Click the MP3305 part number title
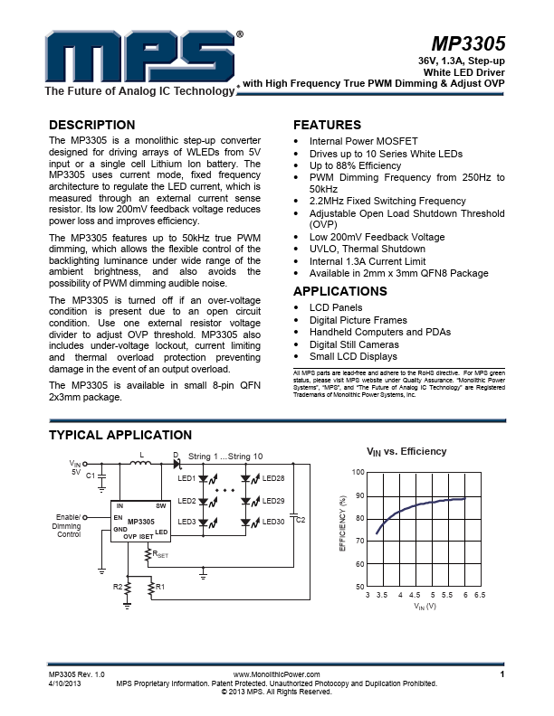pos(468,44)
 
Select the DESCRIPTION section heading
pos(91,125)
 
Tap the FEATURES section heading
pos(327,125)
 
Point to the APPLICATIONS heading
pos(340,291)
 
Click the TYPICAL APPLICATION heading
pos(119,436)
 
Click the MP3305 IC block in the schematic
pos(140,522)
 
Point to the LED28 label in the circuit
pos(273,478)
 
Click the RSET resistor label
pos(160,555)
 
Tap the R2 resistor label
pos(117,588)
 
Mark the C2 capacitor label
pos(301,519)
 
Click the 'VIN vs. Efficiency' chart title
pos(406,451)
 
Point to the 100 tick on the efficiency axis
pos(358,473)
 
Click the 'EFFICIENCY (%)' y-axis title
pos(342,523)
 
